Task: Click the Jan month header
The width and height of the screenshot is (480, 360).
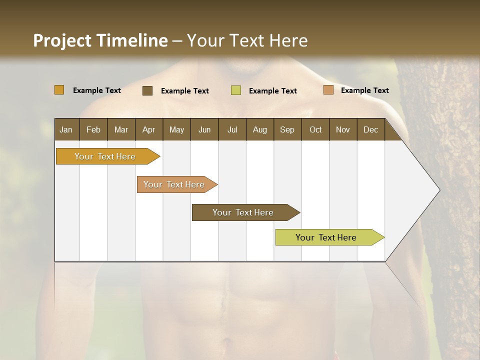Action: pos(66,129)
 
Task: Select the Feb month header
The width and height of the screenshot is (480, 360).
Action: pos(93,129)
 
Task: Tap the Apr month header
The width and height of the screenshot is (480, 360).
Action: pos(148,129)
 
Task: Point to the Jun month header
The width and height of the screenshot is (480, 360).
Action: pos(204,129)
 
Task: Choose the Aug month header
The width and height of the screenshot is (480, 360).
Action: pos(259,129)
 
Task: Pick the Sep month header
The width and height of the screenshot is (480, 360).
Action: pos(287,129)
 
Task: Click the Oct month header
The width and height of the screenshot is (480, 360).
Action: pos(315,129)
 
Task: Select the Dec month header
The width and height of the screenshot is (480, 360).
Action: pos(370,129)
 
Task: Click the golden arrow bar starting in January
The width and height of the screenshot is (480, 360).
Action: pos(105,156)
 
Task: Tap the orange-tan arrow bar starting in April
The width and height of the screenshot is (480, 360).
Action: pos(174,184)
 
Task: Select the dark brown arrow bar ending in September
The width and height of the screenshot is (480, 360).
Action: pos(243,212)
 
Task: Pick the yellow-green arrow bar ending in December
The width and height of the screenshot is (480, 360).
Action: pos(326,237)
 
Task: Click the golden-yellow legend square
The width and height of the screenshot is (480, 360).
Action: pos(59,90)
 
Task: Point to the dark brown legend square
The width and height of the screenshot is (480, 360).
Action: pos(147,90)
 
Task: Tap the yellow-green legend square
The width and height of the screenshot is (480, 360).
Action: pos(236,90)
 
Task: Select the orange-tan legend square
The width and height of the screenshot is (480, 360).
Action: pos(328,90)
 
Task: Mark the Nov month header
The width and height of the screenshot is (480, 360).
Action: pos(343,129)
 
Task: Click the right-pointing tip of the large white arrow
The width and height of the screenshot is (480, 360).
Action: pos(438,190)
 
